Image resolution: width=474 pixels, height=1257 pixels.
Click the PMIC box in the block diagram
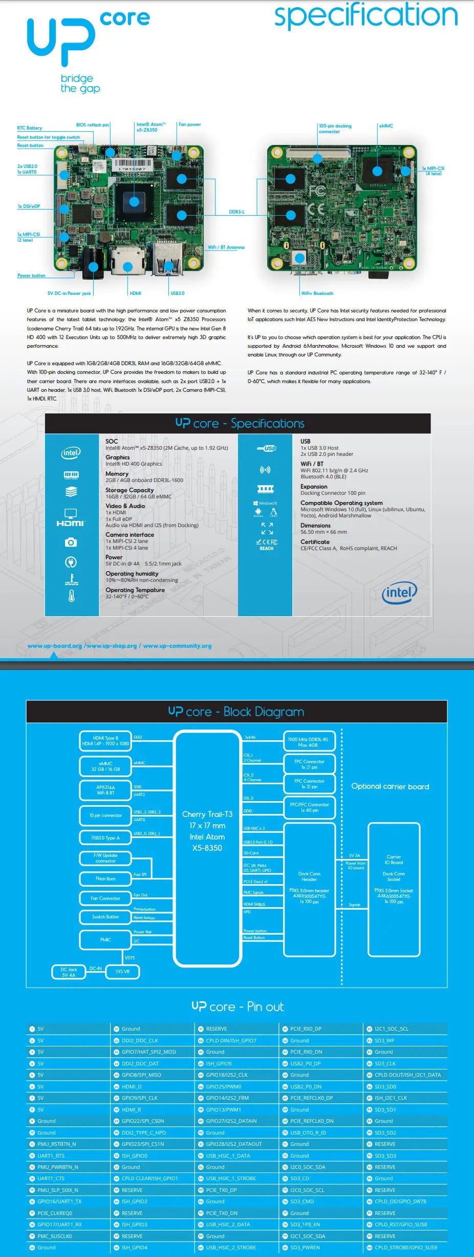(105, 940)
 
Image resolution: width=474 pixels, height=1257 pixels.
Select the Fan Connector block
(105, 898)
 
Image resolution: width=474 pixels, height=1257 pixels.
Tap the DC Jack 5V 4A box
(69, 972)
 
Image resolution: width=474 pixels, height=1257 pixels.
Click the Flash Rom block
(105, 879)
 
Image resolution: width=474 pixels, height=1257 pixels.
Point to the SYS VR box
(122, 972)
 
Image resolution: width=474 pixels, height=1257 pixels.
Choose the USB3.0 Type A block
(105, 838)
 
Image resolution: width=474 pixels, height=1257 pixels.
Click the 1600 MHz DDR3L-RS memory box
(309, 742)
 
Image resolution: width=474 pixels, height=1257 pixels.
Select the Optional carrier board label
(390, 787)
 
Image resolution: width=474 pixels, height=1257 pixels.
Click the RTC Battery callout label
(30, 128)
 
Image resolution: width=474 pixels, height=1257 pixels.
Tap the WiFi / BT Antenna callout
(226, 247)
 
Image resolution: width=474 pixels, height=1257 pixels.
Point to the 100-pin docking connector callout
(335, 129)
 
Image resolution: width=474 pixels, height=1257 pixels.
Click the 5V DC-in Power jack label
(69, 294)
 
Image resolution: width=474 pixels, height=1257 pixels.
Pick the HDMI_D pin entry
(132, 1086)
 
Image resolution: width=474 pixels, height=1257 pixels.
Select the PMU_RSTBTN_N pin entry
(56, 1144)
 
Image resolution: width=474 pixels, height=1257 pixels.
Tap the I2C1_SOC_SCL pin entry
(391, 1029)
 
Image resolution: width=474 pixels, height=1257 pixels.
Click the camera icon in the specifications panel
(71, 542)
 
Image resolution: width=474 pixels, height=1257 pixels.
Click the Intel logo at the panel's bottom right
(399, 593)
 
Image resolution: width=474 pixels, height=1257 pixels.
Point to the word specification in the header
(366, 16)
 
